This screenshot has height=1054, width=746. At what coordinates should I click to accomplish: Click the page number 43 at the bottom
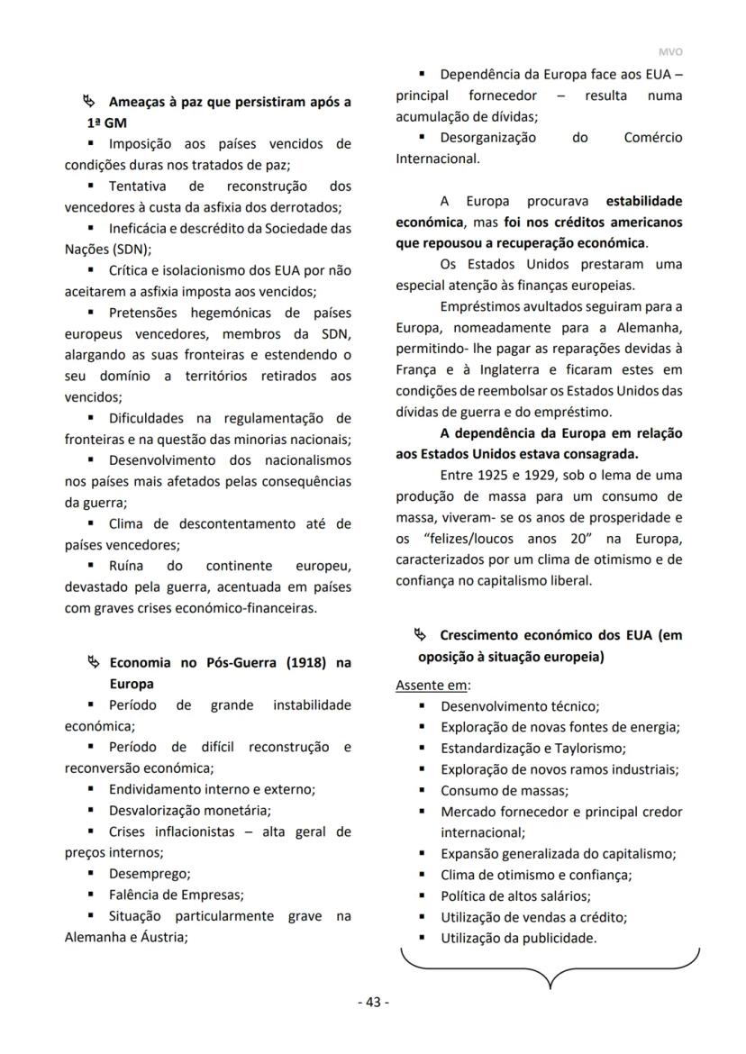coord(373,1002)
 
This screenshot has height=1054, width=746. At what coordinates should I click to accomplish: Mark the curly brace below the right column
coord(550,968)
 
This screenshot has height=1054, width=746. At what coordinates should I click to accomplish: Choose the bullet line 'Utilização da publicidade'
coord(518,938)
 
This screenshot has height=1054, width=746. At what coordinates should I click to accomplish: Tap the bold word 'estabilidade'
coord(643,200)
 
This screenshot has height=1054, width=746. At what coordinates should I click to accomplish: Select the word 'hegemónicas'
coord(231,313)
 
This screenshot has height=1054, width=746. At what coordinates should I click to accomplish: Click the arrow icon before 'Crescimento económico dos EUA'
coord(420,635)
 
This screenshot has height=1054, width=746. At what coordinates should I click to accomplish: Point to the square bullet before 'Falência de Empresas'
coord(91,895)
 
